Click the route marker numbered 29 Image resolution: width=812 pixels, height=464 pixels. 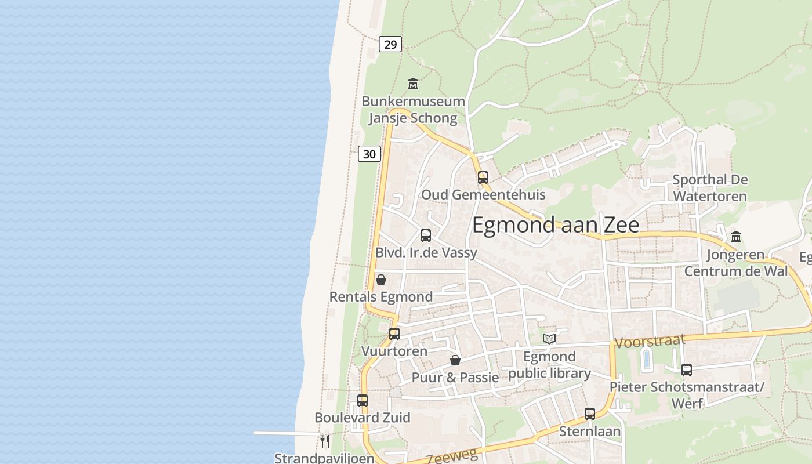(390, 43)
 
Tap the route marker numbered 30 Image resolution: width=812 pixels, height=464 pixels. (369, 154)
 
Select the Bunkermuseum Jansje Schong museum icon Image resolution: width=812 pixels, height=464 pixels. (413, 84)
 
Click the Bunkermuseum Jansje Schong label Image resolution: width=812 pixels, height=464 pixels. (413, 110)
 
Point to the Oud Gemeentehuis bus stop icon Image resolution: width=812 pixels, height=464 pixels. (483, 177)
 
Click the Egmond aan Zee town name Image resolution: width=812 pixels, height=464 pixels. (556, 225)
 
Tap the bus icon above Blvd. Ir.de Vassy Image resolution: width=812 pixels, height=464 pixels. (426, 235)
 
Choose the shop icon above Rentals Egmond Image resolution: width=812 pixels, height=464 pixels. (381, 280)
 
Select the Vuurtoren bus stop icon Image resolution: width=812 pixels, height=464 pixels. (394, 334)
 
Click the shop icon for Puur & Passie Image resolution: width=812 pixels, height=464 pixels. (455, 360)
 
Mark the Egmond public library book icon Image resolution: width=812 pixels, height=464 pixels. (549, 339)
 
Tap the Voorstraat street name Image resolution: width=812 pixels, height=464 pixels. (650, 341)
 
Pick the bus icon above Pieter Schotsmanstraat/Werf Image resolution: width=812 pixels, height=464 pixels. (687, 369)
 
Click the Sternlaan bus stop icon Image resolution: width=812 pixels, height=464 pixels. (590, 414)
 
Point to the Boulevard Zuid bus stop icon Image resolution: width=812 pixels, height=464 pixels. (362, 400)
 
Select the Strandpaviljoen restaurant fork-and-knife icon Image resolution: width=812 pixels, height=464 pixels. (325, 441)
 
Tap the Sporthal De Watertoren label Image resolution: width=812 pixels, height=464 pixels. (710, 188)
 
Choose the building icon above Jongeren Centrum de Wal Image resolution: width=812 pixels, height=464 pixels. (737, 237)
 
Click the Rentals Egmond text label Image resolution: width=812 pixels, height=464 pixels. (381, 297)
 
